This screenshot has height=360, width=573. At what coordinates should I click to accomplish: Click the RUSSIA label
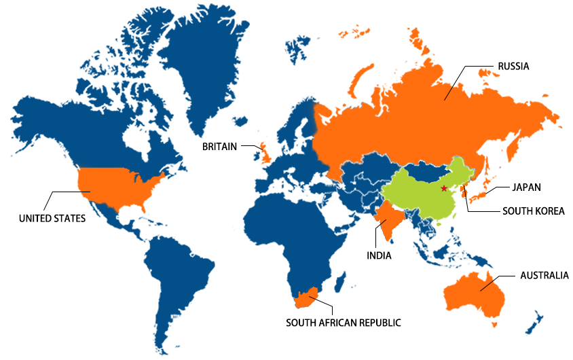pyautogui.click(x=513, y=67)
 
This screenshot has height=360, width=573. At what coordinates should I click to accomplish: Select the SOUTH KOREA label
pyautogui.click(x=533, y=211)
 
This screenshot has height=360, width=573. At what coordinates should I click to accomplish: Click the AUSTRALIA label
pyautogui.click(x=544, y=276)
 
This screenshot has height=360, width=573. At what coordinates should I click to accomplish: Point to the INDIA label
pyautogui.click(x=380, y=256)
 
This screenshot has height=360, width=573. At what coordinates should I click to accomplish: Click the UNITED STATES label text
pyautogui.click(x=52, y=219)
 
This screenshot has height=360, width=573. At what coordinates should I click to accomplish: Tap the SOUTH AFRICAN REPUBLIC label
pyautogui.click(x=343, y=323)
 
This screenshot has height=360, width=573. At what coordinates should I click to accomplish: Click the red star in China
pyautogui.click(x=444, y=188)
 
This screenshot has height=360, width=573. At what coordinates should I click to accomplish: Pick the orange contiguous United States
pyautogui.click(x=119, y=187)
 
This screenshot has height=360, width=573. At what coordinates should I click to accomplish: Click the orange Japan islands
pyautogui.click(x=481, y=194)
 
